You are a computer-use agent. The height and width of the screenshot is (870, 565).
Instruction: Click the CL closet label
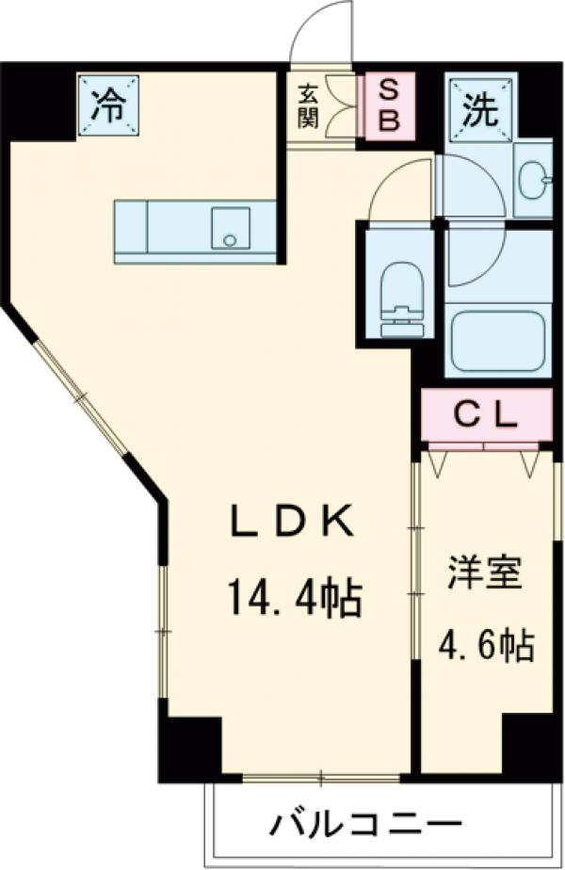486,415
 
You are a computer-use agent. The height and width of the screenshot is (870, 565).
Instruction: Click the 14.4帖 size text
293,597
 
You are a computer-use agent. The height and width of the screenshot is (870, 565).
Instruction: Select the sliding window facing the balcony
320,778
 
